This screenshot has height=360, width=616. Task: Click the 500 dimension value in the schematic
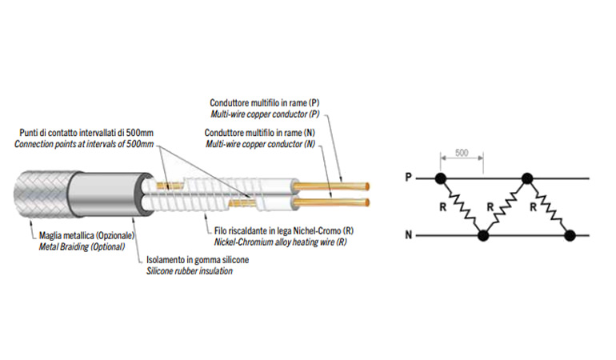point(461,152)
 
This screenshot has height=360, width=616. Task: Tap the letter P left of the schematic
point(409,178)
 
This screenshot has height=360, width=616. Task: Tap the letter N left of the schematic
point(409,236)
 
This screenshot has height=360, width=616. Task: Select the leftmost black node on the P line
point(439,178)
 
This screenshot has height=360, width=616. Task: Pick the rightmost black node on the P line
point(526,178)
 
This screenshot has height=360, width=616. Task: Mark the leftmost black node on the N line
point(482,236)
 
